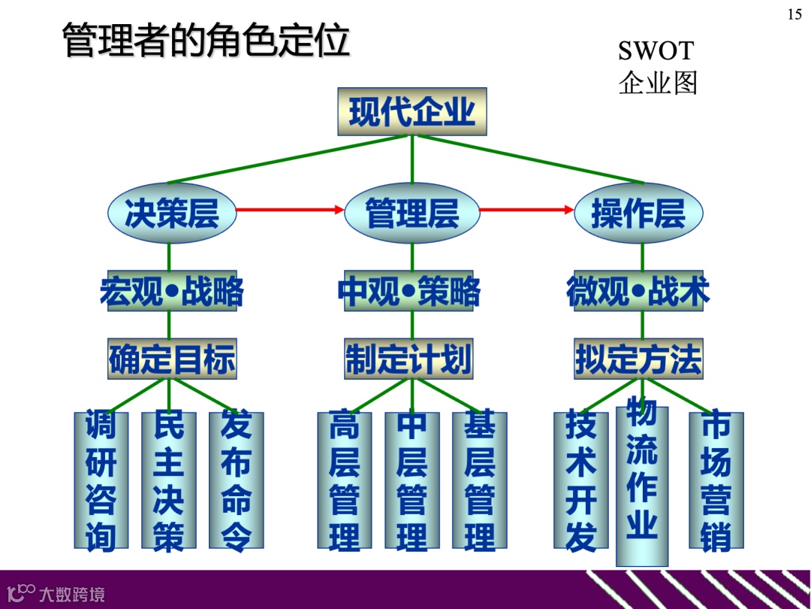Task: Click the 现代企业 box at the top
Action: (412, 112)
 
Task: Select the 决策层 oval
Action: (172, 213)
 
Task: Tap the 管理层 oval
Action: (412, 213)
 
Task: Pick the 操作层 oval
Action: (638, 213)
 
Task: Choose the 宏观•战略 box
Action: (172, 291)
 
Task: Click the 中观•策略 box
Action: (409, 291)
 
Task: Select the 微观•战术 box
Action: (638, 291)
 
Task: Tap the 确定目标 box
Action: (172, 359)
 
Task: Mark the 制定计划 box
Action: (409, 359)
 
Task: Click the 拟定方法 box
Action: (638, 359)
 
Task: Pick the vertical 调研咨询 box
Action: (101, 480)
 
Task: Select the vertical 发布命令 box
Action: (236, 480)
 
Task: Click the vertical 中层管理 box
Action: (412, 480)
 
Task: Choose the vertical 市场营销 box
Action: (716, 480)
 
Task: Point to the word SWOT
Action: (656, 51)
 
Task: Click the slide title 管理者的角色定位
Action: (206, 40)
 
